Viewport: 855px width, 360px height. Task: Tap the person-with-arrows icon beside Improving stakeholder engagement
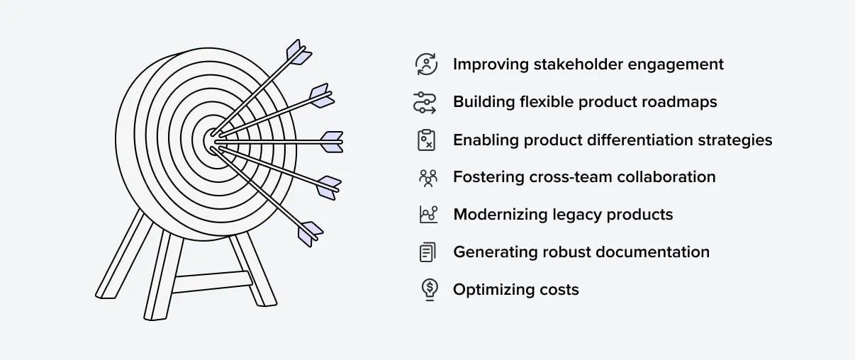pyautogui.click(x=426, y=64)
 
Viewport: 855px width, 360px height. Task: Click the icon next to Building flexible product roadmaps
pyautogui.click(x=425, y=103)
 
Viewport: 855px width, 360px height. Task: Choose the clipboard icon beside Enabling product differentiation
pyautogui.click(x=426, y=140)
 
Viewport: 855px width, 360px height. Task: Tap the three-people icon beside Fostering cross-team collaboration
pyautogui.click(x=428, y=178)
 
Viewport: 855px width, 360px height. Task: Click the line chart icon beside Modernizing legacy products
pyautogui.click(x=428, y=214)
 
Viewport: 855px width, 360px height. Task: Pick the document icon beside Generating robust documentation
pyautogui.click(x=428, y=252)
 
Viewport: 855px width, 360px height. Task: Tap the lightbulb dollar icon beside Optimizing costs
pyautogui.click(x=430, y=290)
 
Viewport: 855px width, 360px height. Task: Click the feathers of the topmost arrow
pyautogui.click(x=299, y=52)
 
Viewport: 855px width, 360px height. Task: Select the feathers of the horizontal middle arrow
pyautogui.click(x=332, y=142)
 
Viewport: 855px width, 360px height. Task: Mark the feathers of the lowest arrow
pyautogui.click(x=311, y=234)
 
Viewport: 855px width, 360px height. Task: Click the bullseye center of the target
pyautogui.click(x=211, y=141)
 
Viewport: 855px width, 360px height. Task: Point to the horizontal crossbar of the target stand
pyautogui.click(x=212, y=282)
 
